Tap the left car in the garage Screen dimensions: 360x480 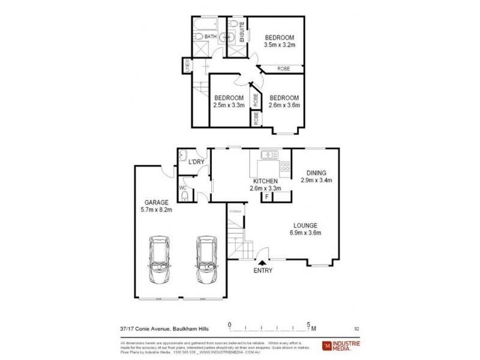[159, 257]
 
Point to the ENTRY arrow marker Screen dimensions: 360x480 [263, 261]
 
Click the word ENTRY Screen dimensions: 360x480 [263, 271]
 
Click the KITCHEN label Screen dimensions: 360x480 [265, 181]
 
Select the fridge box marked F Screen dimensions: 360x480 [266, 196]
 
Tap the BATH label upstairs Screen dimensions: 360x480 [210, 37]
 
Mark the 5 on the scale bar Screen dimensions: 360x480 [309, 325]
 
